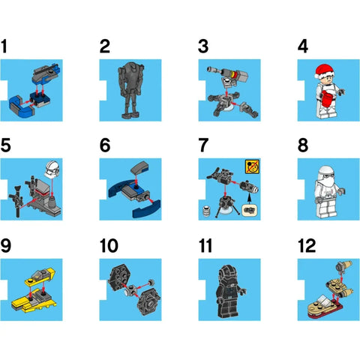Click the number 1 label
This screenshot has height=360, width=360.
[x=6, y=47]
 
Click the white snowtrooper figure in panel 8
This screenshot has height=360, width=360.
[x=327, y=186]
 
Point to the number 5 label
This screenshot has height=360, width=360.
[x=7, y=144]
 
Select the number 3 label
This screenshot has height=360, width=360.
[x=203, y=47]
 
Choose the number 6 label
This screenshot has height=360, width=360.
[x=105, y=144]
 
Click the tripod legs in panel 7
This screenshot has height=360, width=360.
[x=223, y=202]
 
